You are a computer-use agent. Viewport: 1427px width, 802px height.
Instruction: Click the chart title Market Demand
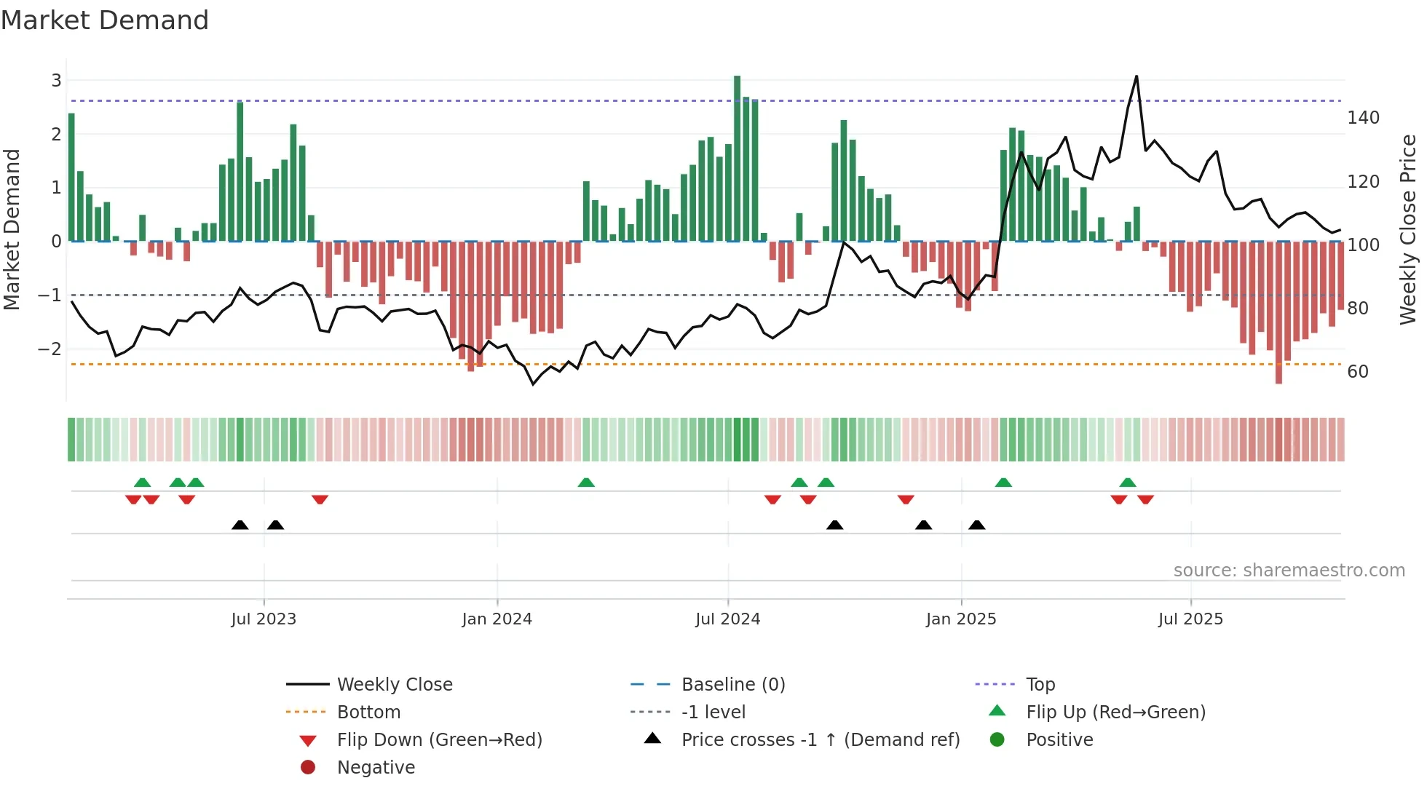click(x=105, y=20)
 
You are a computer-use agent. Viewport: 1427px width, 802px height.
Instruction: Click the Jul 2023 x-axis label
click(x=264, y=619)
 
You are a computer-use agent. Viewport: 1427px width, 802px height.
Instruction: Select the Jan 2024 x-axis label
click(x=497, y=619)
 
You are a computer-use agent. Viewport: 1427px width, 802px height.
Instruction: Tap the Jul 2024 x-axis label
click(x=727, y=619)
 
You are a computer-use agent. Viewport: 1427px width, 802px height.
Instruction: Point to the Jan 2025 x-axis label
click(x=961, y=619)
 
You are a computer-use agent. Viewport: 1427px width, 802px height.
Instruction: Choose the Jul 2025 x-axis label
click(x=1190, y=619)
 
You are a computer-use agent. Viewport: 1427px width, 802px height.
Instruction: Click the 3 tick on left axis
click(x=56, y=81)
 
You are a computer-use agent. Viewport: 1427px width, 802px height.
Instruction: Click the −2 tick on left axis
click(x=50, y=349)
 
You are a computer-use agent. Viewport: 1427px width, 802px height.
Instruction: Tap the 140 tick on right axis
click(x=1363, y=118)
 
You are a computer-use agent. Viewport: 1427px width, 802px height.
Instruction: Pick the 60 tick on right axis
click(x=1358, y=372)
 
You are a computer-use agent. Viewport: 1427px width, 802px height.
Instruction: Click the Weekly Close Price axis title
click(x=1408, y=229)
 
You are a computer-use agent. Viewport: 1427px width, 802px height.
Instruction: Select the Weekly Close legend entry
click(x=394, y=685)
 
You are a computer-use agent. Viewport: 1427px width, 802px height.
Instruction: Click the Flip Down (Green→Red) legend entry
click(x=439, y=740)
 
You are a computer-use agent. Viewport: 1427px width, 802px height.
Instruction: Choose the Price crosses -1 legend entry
click(x=820, y=740)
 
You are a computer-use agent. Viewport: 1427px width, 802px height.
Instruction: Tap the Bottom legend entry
click(x=368, y=712)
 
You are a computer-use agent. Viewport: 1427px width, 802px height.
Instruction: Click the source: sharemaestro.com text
click(x=1289, y=571)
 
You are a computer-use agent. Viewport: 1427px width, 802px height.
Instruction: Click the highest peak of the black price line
click(x=1137, y=77)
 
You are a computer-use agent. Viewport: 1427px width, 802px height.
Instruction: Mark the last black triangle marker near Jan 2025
click(x=977, y=525)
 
